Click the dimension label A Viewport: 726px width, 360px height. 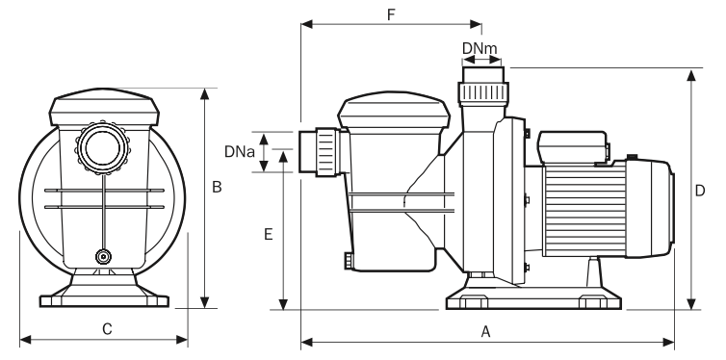485,331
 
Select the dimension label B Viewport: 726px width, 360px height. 217,187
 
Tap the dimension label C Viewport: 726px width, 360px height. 107,329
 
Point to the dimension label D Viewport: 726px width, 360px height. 700,191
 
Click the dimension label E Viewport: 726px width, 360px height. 268,235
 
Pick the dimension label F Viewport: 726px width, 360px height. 391,14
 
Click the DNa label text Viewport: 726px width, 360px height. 240,152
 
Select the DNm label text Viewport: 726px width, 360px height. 480,48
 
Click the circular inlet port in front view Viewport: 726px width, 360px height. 102,147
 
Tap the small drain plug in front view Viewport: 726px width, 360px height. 103,256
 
